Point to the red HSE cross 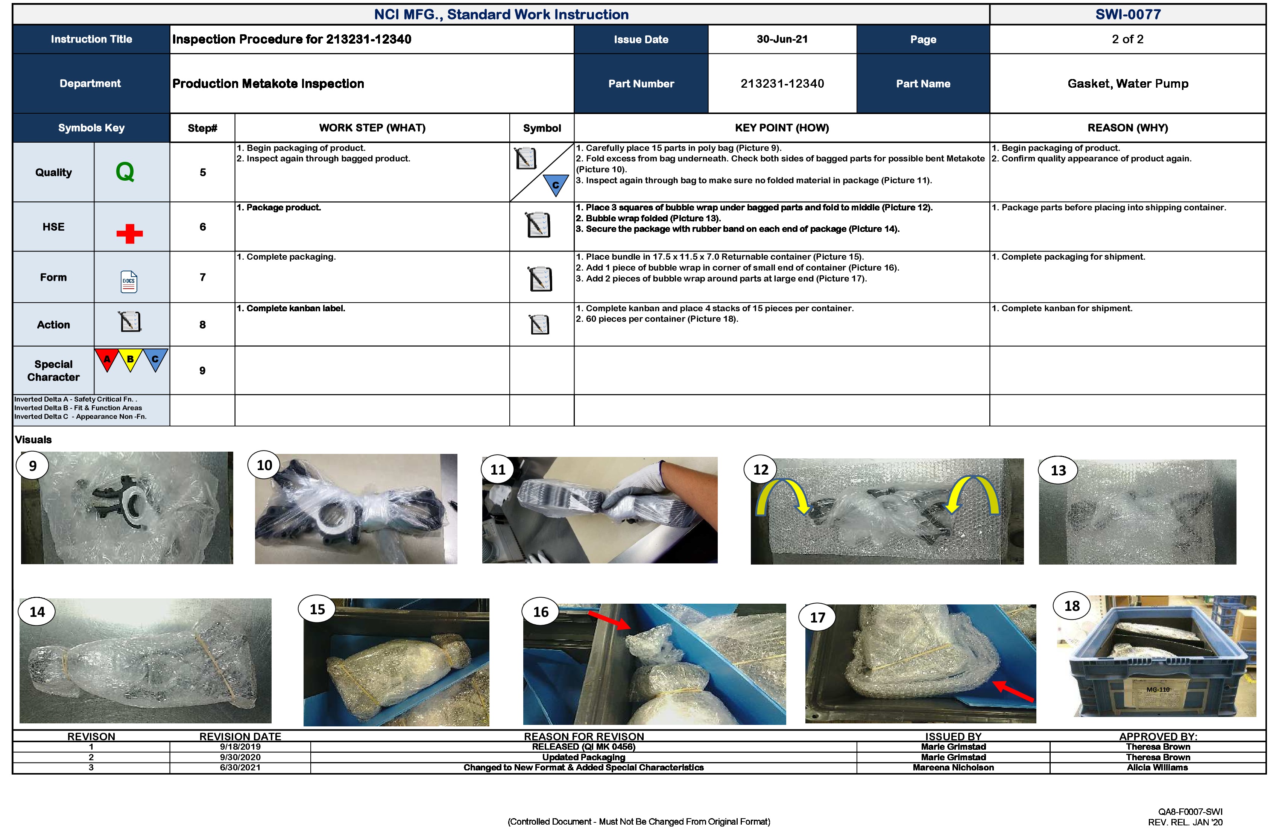pos(129,233)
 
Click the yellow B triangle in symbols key pos(130,359)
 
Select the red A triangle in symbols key pos(107,359)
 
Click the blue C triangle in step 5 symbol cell pos(555,184)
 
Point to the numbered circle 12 pos(760,470)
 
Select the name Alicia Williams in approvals pos(1157,767)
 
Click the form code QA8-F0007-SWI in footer pos(1190,812)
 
